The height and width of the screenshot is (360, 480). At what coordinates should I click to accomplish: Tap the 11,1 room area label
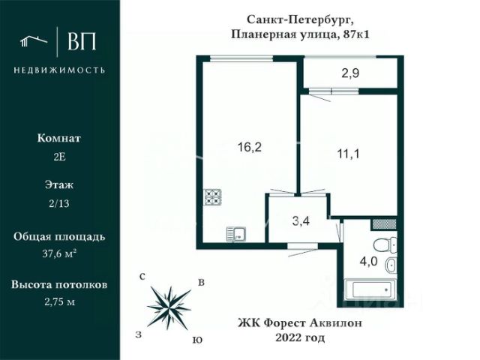point(349,156)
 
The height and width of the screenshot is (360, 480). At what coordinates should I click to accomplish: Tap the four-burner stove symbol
point(214,198)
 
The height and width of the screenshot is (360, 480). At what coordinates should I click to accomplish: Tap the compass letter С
point(142,277)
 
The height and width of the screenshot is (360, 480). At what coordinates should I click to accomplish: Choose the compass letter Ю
point(196,339)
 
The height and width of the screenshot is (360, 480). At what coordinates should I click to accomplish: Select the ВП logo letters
point(82,43)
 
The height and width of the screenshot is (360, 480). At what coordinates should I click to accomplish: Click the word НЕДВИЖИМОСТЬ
point(59,70)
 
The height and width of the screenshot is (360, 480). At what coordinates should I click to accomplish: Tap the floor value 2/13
point(59,203)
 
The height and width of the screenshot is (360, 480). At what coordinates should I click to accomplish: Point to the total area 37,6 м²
point(59,253)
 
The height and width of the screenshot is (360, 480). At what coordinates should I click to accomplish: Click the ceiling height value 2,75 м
point(59,301)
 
